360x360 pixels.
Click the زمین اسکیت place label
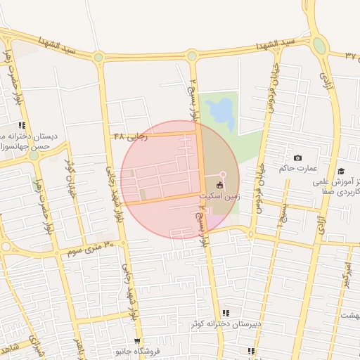(x=220, y=196)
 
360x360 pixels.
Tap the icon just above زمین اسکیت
(x=220, y=186)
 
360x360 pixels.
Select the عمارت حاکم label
(x=298, y=169)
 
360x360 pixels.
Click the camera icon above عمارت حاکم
(x=297, y=158)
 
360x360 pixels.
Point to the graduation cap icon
(x=341, y=171)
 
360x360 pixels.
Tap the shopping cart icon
(x=136, y=340)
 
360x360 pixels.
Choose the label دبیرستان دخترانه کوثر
(x=226, y=324)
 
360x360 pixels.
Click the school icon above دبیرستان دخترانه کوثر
(x=226, y=313)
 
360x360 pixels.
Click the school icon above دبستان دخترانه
(x=22, y=124)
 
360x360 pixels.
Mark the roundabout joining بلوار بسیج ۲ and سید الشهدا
(x=192, y=55)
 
